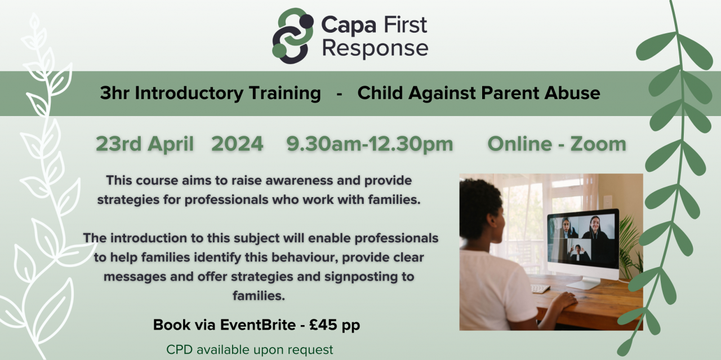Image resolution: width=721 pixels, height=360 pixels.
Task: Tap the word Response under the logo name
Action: (x=375, y=49)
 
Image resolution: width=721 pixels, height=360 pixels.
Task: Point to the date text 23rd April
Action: (x=144, y=144)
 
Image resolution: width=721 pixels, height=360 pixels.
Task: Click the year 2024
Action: (x=237, y=144)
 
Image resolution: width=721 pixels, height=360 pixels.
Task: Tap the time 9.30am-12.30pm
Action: (x=370, y=144)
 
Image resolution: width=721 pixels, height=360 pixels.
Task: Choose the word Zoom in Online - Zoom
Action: (x=598, y=144)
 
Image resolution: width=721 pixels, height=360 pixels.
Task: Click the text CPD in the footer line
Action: (x=179, y=349)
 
